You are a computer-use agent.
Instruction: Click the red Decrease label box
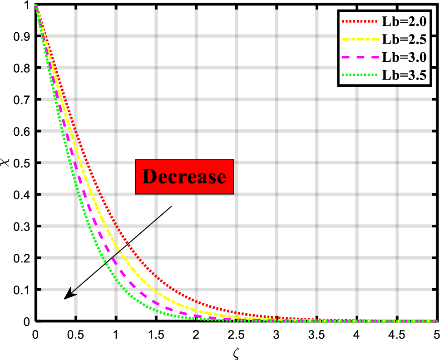click(x=184, y=177)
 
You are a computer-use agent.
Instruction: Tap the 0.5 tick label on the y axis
click(x=20, y=163)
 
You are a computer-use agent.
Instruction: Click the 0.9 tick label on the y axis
click(x=20, y=36)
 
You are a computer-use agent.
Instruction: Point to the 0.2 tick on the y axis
click(x=20, y=257)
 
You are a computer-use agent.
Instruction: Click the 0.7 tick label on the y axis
click(x=20, y=99)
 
